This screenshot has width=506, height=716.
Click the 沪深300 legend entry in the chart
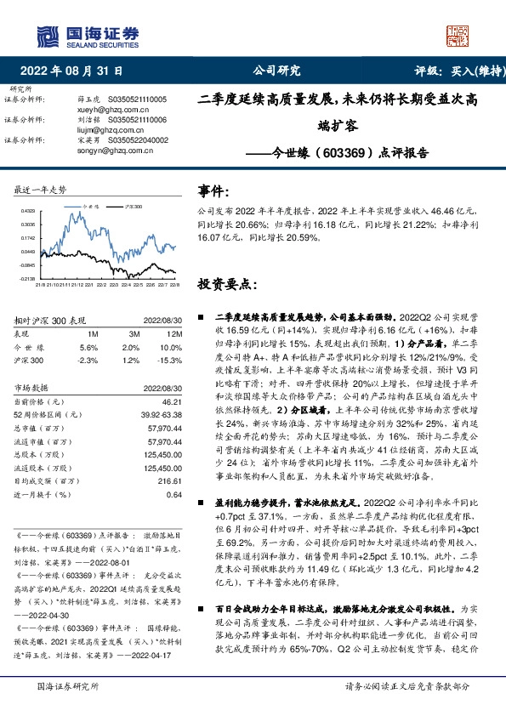(x=131, y=206)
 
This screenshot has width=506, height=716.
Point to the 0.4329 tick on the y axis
(x=27, y=210)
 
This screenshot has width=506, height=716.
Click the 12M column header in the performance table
(x=175, y=335)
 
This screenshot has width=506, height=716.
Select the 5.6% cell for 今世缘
(x=88, y=348)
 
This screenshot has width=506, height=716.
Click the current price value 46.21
(x=173, y=400)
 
